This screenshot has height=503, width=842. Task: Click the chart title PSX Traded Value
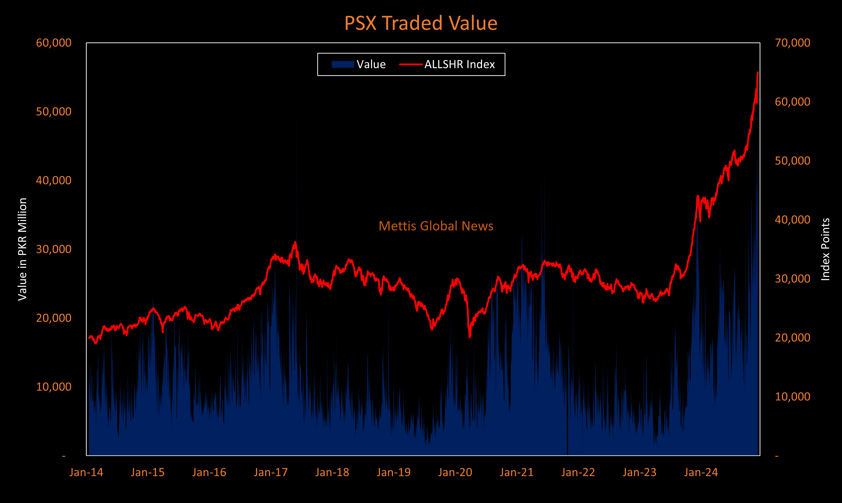420,23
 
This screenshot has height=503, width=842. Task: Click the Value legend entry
359,65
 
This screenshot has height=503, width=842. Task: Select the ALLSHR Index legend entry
447,65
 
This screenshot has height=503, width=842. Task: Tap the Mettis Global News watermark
436,226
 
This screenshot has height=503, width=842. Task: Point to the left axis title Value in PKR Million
22,249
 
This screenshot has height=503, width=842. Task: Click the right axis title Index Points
825,249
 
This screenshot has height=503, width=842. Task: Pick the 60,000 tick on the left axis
54,43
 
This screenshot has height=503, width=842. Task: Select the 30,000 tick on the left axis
54,249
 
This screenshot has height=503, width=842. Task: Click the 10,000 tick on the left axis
54,387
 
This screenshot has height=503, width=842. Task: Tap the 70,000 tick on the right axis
792,43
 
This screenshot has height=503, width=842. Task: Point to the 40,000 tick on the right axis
792,220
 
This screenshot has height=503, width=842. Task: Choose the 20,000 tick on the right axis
792,338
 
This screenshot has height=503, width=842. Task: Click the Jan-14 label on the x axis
86,472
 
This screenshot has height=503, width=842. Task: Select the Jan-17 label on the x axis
270,472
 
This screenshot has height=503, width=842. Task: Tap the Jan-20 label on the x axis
455,472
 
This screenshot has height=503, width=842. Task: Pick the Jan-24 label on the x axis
701,472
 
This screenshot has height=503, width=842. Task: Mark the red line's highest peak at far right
758,73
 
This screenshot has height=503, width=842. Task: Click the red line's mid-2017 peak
295,242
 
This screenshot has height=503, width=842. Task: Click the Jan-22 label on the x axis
578,472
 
